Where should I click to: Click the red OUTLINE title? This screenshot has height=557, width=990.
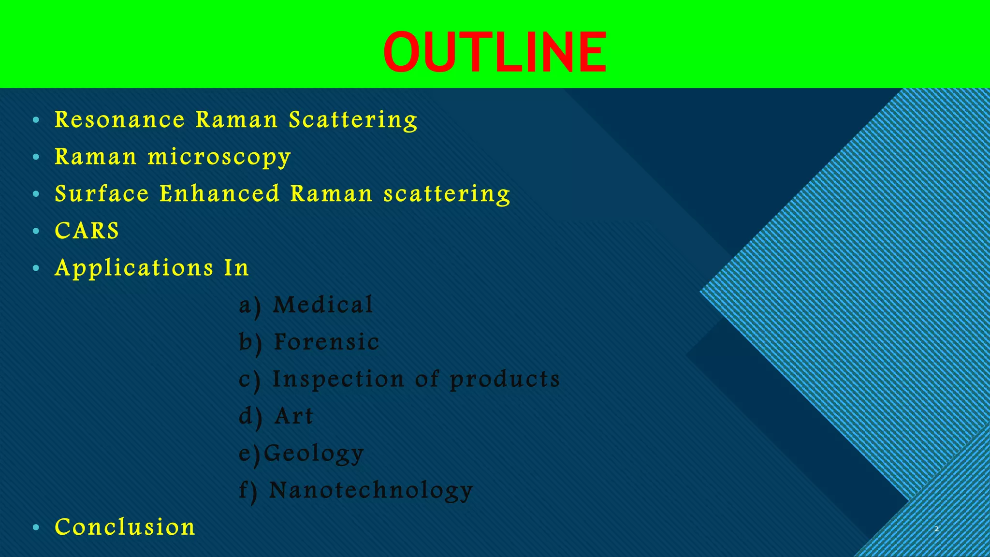495,52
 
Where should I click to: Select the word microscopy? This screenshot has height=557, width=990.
219,158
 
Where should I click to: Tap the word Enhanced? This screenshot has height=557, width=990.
220,194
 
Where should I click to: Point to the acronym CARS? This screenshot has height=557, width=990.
87,231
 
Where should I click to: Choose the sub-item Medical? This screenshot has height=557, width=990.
323,305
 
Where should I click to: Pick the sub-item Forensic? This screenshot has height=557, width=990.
327,342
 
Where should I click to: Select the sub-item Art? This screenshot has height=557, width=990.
294,416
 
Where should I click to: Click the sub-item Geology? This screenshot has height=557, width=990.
314,454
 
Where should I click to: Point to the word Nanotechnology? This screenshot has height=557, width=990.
371,491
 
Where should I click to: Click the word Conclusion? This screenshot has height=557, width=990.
125,527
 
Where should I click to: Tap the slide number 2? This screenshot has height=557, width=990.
936,529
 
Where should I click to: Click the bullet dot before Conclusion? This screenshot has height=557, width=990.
36,528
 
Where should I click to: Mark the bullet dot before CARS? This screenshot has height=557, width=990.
36,232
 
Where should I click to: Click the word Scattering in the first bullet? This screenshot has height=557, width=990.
353,120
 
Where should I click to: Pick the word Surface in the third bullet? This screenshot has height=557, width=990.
102,194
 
